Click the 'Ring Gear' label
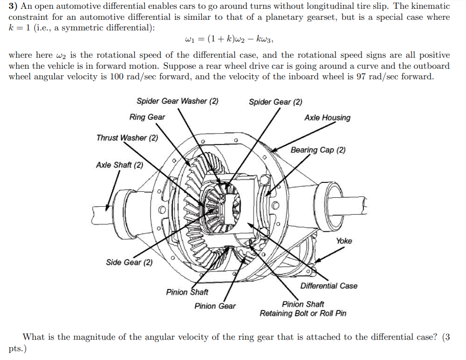coord(147,117)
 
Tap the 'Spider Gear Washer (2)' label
coord(177,101)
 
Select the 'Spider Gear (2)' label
coord(276,102)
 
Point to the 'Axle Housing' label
coord(327,118)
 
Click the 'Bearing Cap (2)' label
coord(318,150)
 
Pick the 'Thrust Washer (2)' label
coord(127,138)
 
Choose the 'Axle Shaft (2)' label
coord(119,165)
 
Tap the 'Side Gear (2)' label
coord(129,263)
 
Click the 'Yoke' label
coord(344,241)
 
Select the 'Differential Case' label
coord(329,286)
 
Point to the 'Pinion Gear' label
coord(215,306)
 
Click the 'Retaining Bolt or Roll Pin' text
coord(303,313)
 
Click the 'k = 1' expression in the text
coord(19,27)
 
